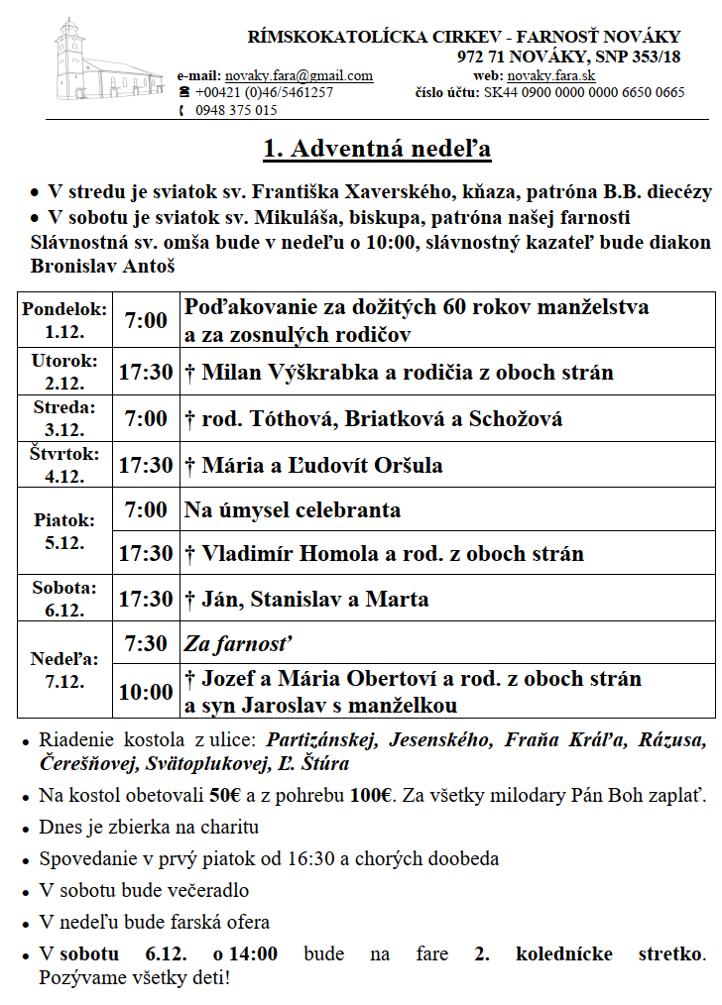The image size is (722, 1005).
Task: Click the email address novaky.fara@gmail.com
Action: tap(299, 75)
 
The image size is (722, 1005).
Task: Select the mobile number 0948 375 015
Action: tap(236, 110)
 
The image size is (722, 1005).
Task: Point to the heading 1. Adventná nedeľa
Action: tap(377, 150)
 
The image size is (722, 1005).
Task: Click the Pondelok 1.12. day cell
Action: tap(64, 319)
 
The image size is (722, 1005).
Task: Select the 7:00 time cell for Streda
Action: tap(145, 418)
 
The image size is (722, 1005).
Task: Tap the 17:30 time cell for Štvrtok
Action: tap(145, 465)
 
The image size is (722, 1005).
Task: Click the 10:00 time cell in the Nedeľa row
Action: tap(145, 692)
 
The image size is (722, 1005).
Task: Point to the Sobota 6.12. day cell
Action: tap(64, 598)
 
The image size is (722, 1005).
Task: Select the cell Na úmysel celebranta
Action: tap(293, 510)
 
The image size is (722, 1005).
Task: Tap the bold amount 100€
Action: tap(374, 795)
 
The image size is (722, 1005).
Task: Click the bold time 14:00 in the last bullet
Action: tap(252, 954)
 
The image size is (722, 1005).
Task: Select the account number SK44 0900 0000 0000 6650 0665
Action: tap(583, 93)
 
